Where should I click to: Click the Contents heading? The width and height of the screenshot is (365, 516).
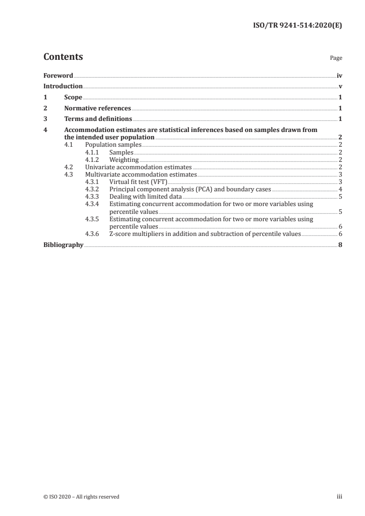tap(63, 57)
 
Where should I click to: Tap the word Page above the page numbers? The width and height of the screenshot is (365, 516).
tap(336, 58)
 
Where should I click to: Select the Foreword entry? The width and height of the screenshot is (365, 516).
tap(58, 75)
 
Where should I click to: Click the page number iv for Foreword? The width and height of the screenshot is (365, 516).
tap(339, 75)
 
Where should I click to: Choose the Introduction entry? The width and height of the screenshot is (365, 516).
tap(63, 86)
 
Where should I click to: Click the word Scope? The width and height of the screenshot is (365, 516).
tap(73, 97)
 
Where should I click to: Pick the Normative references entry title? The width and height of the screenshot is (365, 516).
tap(98, 109)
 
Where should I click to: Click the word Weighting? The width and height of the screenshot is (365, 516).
tap(124, 160)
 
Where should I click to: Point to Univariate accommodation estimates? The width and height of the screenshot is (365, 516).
tap(139, 167)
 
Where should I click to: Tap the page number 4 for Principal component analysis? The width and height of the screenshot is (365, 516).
tap(340, 189)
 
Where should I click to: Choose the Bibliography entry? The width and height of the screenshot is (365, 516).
tap(63, 245)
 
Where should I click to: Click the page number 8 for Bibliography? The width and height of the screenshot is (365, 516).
tap(340, 245)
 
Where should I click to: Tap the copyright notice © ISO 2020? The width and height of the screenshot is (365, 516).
tap(81, 497)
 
